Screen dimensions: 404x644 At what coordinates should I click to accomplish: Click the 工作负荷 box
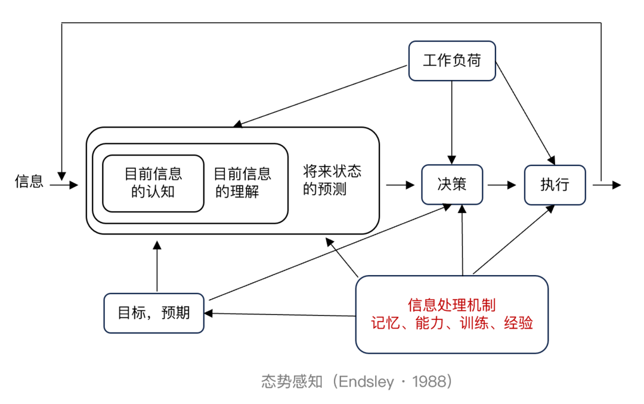(x=452, y=60)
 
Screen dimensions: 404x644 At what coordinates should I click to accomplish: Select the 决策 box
(x=452, y=184)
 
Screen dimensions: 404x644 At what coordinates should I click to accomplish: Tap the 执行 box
(x=555, y=184)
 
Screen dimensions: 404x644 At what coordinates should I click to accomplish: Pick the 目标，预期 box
(x=154, y=313)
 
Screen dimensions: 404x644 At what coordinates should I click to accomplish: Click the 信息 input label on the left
(x=29, y=181)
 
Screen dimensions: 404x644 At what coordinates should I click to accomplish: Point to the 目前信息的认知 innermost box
(x=153, y=183)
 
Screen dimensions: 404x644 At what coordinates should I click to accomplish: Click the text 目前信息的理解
(x=242, y=183)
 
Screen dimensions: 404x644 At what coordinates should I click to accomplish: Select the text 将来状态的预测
(x=332, y=180)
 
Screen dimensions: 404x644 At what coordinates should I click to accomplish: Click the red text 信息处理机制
(x=451, y=305)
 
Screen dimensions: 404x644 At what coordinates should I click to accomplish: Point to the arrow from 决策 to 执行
(x=502, y=185)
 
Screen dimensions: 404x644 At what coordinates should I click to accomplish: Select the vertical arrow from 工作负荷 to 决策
(x=452, y=119)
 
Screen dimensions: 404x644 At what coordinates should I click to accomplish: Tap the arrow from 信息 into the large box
(x=64, y=185)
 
